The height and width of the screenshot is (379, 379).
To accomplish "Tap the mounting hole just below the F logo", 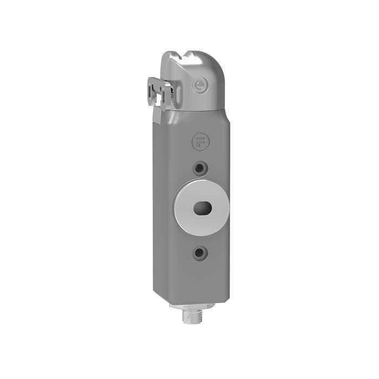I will pyautogui.click(x=200, y=168).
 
